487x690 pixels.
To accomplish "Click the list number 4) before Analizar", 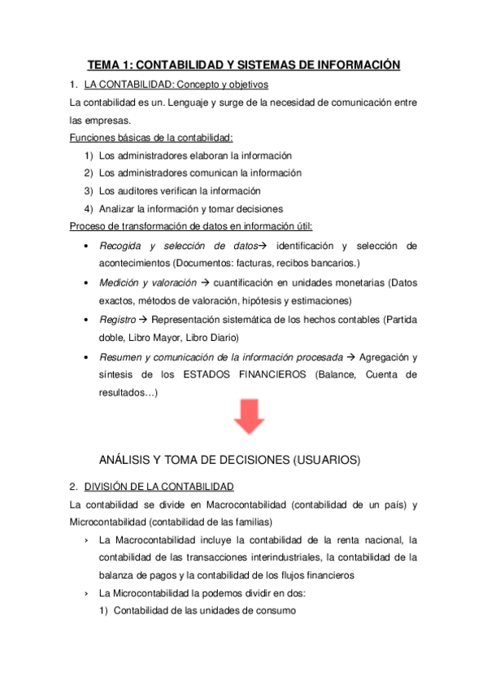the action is click(x=88, y=208).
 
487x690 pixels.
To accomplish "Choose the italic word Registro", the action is click(x=117, y=320).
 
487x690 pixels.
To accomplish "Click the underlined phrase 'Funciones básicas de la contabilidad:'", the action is click(x=151, y=138).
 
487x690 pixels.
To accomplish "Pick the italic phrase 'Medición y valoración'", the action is click(x=147, y=282).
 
